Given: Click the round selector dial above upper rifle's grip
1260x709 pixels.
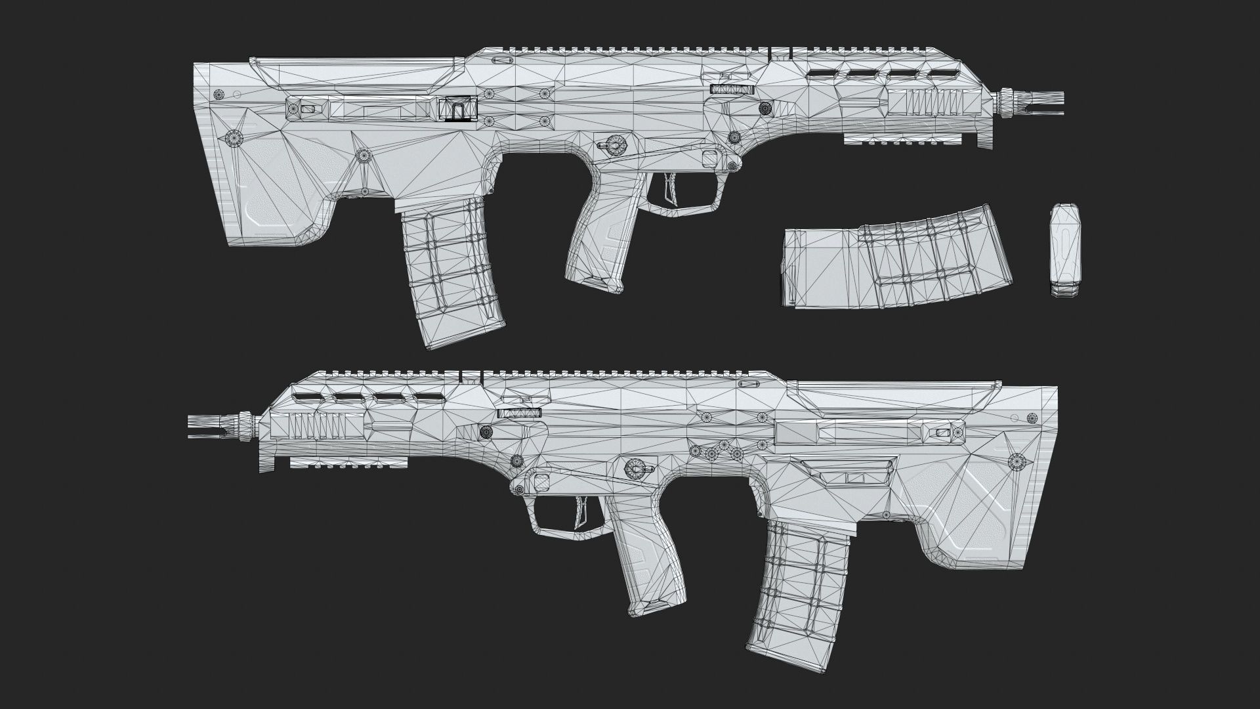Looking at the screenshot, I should [615, 142].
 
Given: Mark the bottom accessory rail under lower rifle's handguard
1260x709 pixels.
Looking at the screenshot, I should [348, 463].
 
